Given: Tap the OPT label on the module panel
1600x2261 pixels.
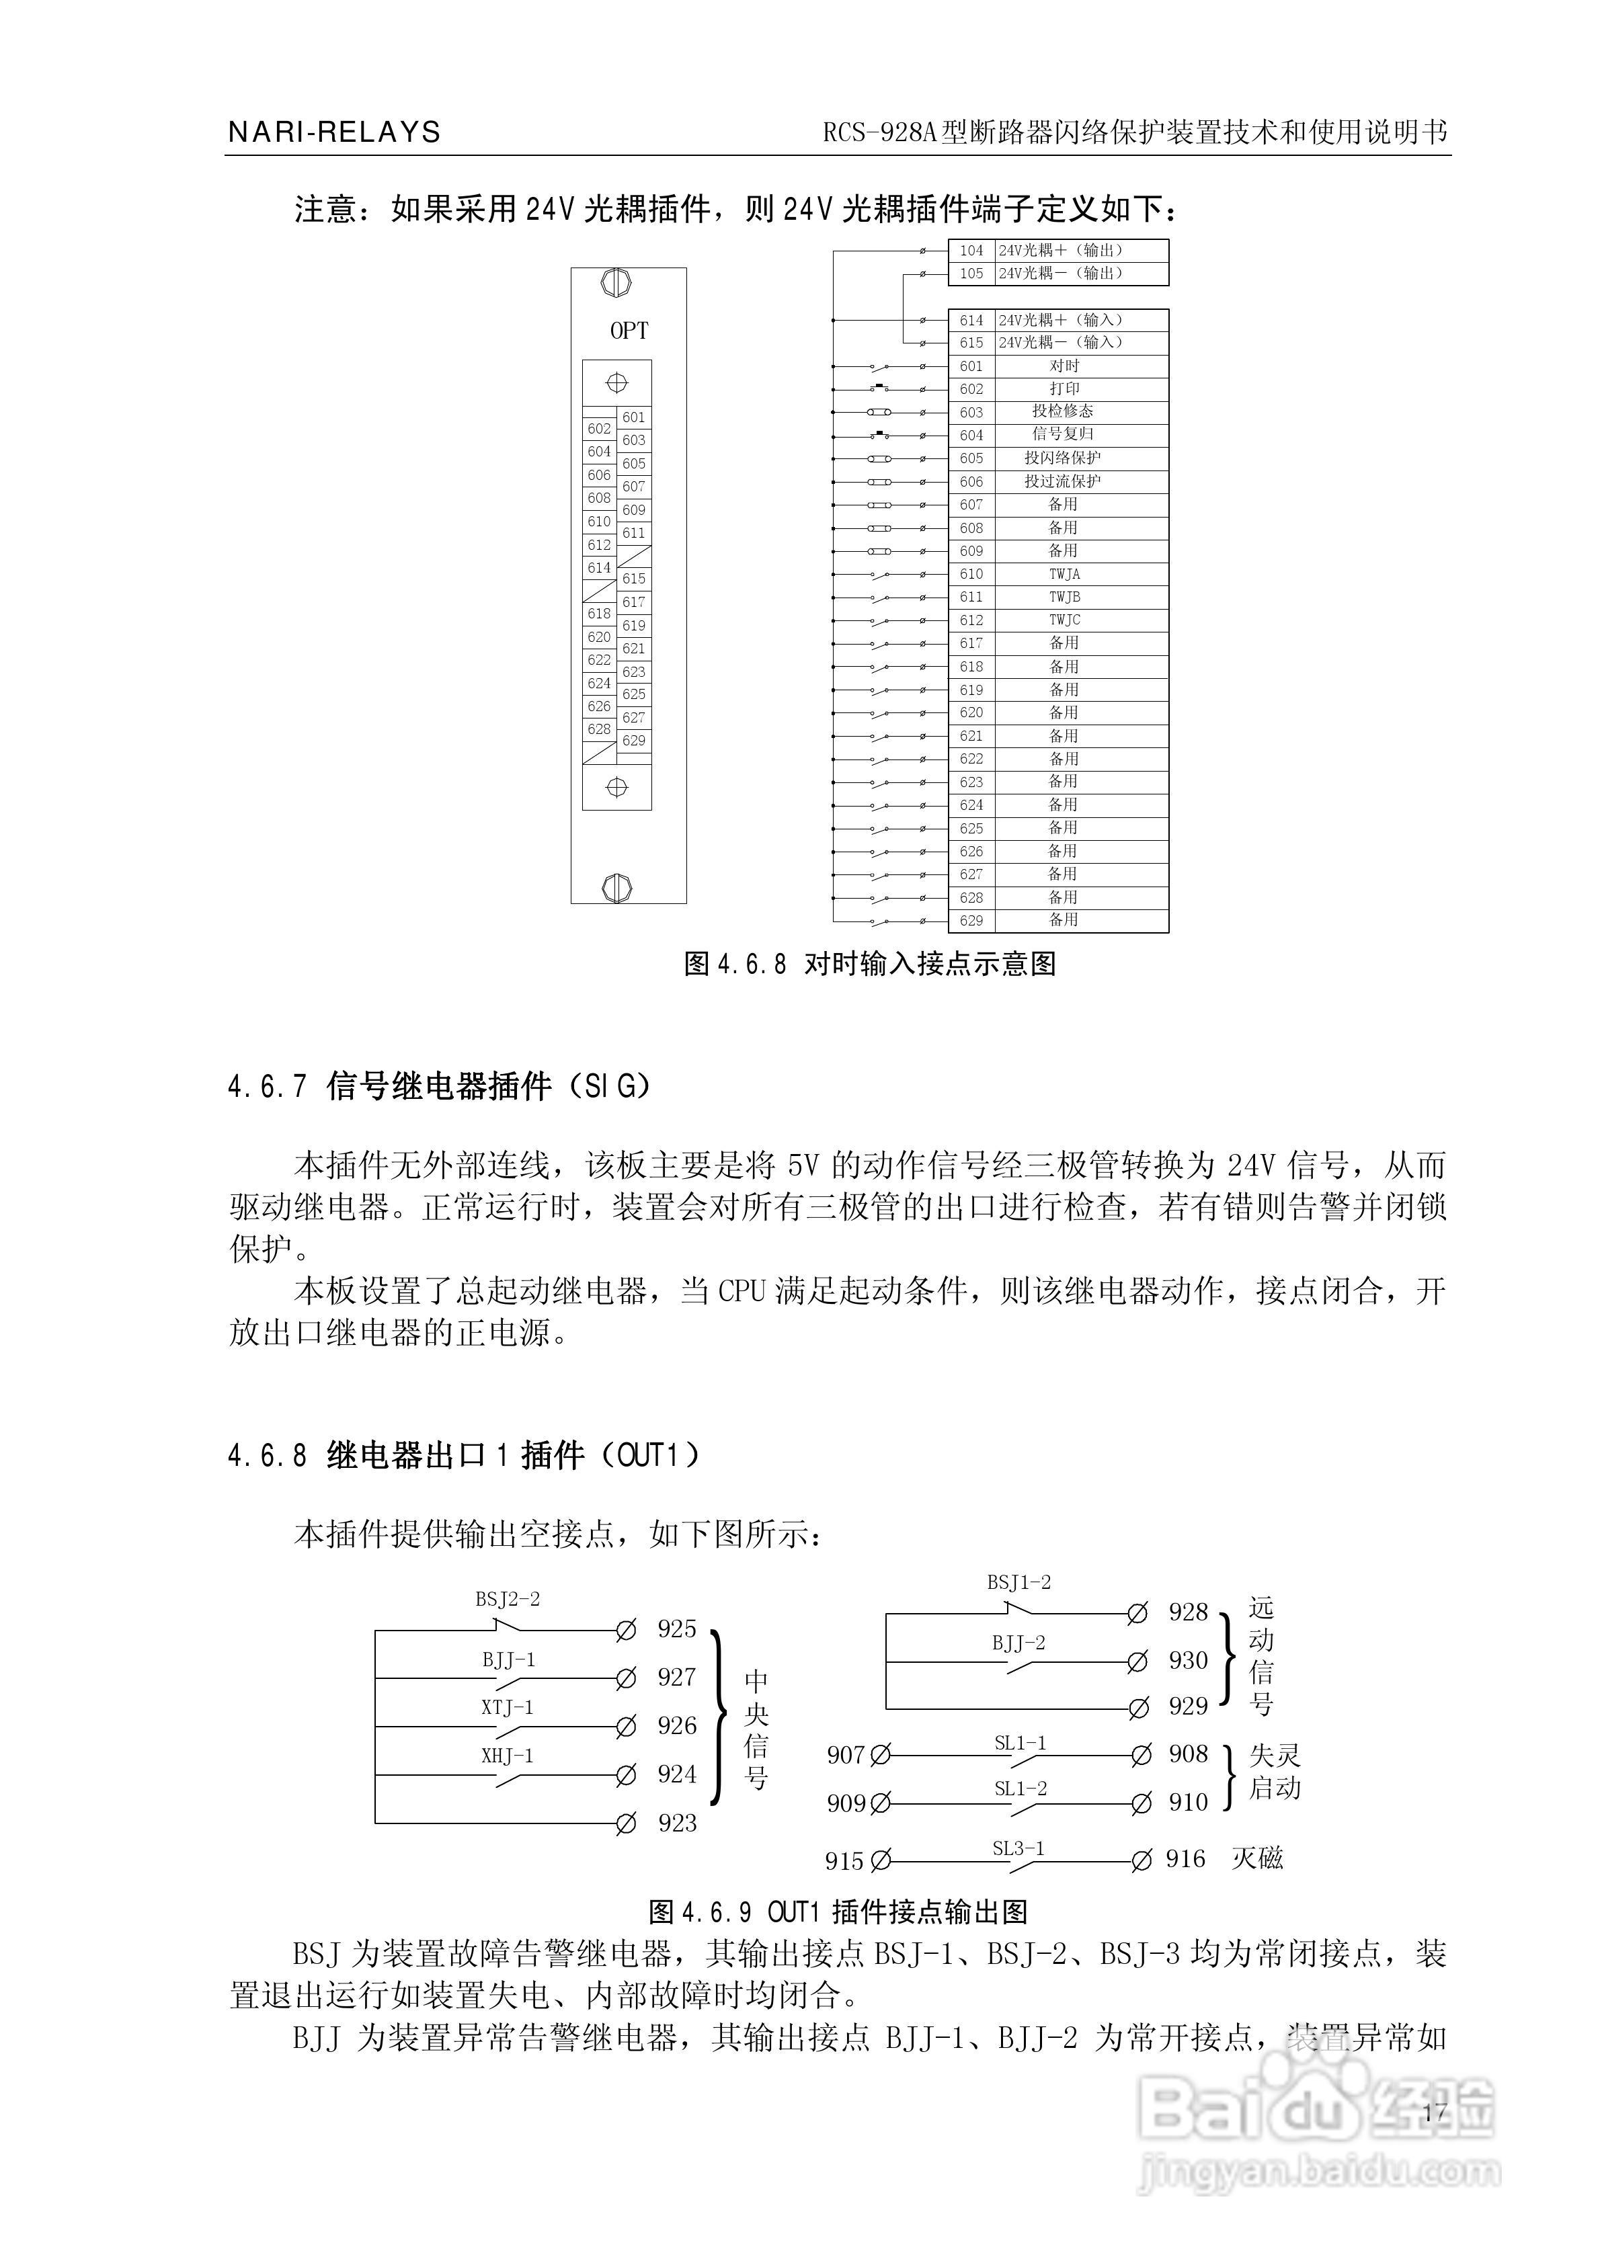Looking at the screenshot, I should pos(629,331).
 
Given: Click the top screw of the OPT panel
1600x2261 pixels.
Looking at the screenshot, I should pos(616,284).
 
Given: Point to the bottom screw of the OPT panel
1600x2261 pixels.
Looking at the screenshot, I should pos(616,887).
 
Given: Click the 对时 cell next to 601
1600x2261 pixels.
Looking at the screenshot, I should pos(1064,366).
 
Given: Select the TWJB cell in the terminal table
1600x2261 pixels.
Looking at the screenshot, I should pos(1064,597).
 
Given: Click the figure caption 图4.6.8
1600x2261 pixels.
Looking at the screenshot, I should pos(869,964).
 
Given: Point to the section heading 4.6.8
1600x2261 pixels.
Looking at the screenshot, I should pos(463,1456).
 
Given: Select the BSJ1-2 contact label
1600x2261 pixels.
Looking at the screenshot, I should pos(1018,1584).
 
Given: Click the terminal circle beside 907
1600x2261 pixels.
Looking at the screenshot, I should pos(881,1755).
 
